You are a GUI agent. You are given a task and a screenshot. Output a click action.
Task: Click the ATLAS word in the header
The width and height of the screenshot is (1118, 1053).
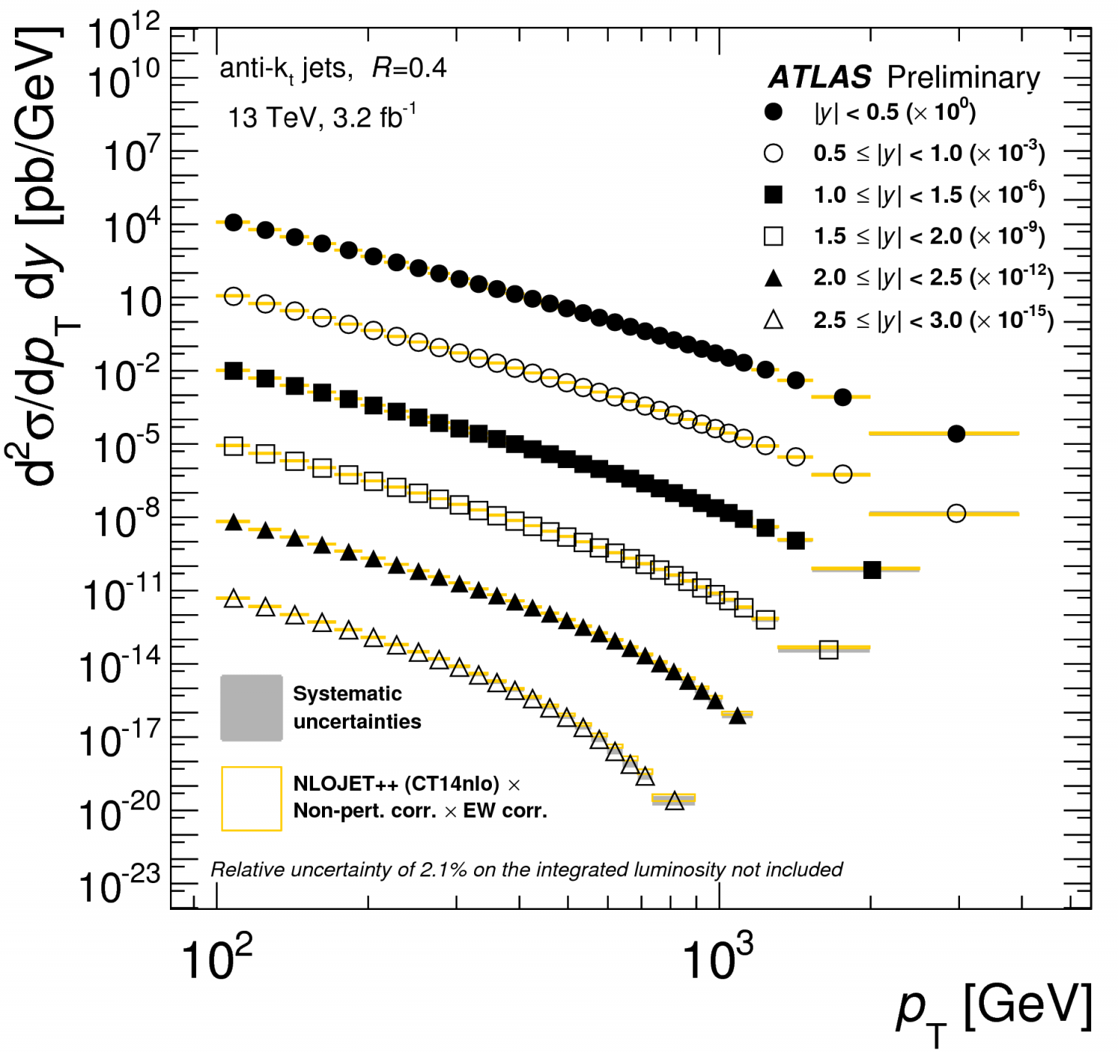820,77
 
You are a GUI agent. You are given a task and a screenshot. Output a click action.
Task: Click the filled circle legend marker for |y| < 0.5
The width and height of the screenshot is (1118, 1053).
774,112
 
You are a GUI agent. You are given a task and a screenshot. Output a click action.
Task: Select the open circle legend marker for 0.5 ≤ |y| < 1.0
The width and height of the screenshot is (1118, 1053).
774,154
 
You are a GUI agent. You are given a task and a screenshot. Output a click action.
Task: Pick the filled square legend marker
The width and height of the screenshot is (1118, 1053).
774,195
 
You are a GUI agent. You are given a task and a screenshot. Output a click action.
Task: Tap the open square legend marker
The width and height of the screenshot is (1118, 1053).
774,236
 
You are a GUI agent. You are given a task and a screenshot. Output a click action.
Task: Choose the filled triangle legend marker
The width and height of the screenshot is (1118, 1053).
774,279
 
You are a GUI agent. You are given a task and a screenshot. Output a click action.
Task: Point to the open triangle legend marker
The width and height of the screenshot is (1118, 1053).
774,320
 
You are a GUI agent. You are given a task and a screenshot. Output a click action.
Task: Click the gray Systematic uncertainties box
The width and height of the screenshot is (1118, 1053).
251,708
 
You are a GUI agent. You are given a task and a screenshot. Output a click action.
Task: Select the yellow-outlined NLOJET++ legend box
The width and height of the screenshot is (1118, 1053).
251,798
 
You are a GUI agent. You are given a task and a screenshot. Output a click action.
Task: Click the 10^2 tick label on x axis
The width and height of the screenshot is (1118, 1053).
216,959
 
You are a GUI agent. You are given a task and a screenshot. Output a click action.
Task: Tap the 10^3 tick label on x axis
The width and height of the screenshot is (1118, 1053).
717,959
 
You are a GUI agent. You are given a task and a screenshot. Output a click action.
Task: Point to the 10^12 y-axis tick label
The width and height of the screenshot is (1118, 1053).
124,34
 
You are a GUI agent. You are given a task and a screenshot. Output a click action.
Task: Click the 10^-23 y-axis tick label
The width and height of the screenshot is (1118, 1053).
119,885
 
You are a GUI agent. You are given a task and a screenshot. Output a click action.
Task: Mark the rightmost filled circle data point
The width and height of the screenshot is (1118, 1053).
956,434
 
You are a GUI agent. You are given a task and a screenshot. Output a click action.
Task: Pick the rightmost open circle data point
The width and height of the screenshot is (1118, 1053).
956,513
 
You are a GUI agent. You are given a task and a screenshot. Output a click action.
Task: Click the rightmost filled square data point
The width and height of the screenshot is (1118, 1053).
872,570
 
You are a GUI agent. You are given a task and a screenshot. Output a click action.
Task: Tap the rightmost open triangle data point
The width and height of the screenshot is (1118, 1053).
674,801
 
